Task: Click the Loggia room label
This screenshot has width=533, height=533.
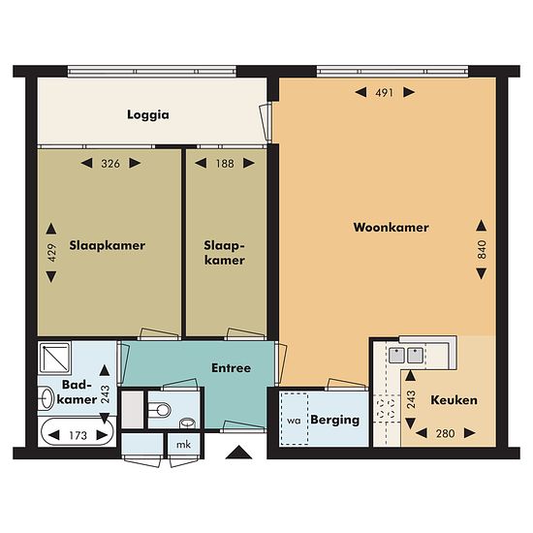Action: [148, 115]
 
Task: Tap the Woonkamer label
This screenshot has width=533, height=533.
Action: [391, 227]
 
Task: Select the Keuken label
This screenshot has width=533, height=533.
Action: [454, 400]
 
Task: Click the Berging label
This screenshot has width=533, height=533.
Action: [335, 420]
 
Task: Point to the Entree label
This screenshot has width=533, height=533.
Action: [232, 368]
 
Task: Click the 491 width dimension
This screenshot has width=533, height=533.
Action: [385, 92]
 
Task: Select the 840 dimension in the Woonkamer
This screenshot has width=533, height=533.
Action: [482, 249]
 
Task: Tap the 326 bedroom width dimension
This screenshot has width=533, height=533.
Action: [110, 164]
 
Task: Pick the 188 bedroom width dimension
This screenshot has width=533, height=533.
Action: [225, 164]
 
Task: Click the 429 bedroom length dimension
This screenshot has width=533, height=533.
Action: [51, 253]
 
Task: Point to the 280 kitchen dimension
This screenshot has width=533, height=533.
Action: [446, 433]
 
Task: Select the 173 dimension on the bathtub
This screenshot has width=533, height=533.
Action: [78, 435]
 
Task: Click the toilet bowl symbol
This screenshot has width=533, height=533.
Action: [160, 410]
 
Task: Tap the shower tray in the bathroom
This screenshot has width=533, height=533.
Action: [54, 358]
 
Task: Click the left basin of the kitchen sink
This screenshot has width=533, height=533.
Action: [396, 356]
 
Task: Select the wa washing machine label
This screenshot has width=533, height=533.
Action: [294, 421]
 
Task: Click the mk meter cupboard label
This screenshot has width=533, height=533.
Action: [184, 444]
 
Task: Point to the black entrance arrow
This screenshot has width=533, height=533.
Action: [239, 453]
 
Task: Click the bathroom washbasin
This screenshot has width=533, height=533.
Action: [46, 398]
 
